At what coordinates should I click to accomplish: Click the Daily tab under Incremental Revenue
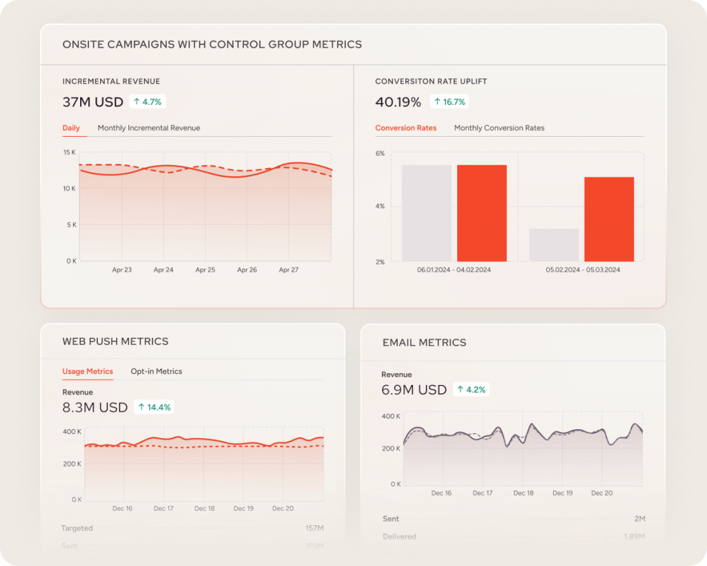tap(71, 128)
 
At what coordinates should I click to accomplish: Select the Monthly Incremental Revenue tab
tap(148, 128)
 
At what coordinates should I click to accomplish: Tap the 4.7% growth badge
tap(147, 102)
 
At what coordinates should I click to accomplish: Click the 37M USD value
tap(93, 102)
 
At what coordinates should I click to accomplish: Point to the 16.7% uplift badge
tap(449, 102)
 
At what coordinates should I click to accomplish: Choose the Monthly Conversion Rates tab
tap(499, 128)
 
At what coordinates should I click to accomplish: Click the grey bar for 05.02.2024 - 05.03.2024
tap(554, 245)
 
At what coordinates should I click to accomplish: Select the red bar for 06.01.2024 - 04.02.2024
tap(482, 213)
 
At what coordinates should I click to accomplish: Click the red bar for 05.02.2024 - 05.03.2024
tap(609, 219)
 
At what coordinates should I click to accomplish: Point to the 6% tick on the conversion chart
tap(380, 153)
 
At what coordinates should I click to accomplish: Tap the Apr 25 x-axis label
tap(205, 270)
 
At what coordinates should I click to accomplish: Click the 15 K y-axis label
tap(69, 152)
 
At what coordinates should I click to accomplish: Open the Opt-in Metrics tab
tap(157, 371)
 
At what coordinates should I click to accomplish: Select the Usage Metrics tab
tap(88, 371)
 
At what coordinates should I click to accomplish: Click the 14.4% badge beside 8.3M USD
tap(154, 407)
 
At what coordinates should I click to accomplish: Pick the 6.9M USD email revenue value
tap(414, 390)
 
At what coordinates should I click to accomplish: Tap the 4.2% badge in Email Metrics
tap(470, 390)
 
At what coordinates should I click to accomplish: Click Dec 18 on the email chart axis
tap(523, 493)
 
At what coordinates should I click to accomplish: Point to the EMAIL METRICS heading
tap(425, 342)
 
